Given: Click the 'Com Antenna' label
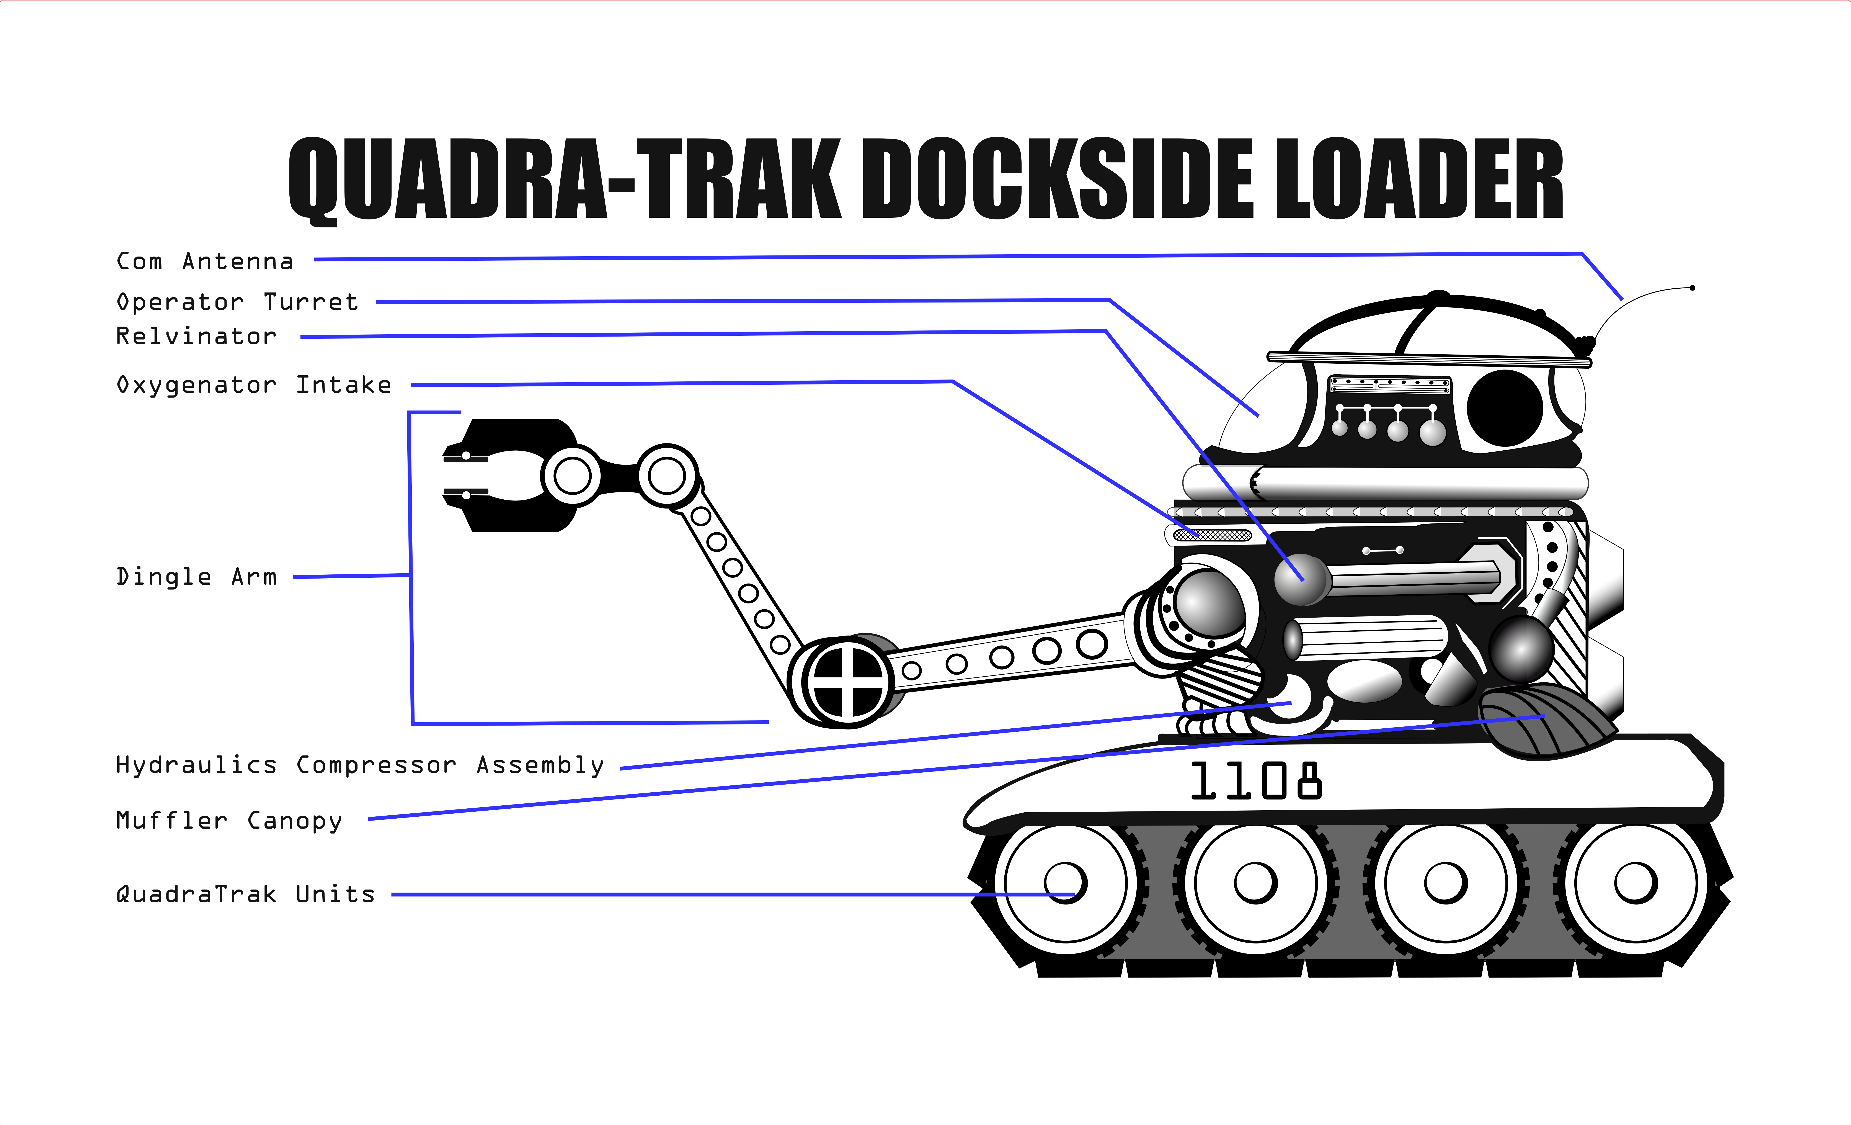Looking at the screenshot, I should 204,262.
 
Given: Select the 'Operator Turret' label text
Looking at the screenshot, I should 237,302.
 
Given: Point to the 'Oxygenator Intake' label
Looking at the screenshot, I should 254,386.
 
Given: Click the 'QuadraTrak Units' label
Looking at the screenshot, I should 245,894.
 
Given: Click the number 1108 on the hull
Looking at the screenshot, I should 1256,782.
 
